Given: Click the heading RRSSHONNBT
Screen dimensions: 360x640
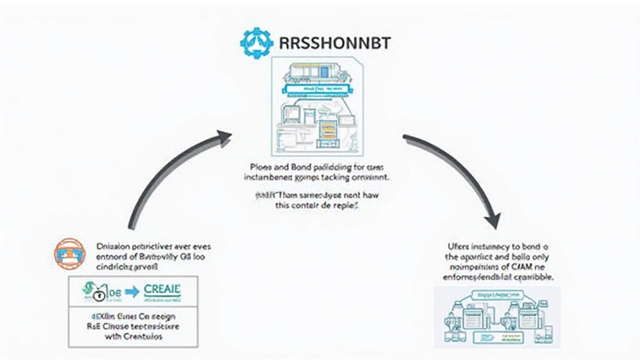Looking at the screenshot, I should pos(321,42).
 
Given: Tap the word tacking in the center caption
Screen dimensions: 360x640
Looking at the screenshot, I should pos(336,177).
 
